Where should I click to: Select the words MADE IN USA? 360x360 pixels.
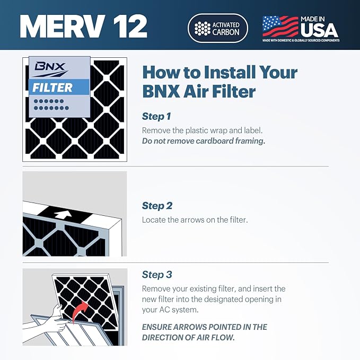[x=319, y=25]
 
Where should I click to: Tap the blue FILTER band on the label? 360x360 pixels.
[x=58, y=86]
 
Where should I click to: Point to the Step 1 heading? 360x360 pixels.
[x=156, y=116]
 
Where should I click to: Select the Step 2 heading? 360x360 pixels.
[x=157, y=206]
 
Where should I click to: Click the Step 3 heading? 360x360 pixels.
[x=157, y=275]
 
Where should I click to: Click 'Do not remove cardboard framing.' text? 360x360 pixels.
[x=204, y=141]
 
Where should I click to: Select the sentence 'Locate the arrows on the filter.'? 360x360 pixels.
[x=195, y=219]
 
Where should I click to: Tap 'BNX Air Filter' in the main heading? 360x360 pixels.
[x=199, y=91]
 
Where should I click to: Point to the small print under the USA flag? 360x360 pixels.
[x=301, y=40]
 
